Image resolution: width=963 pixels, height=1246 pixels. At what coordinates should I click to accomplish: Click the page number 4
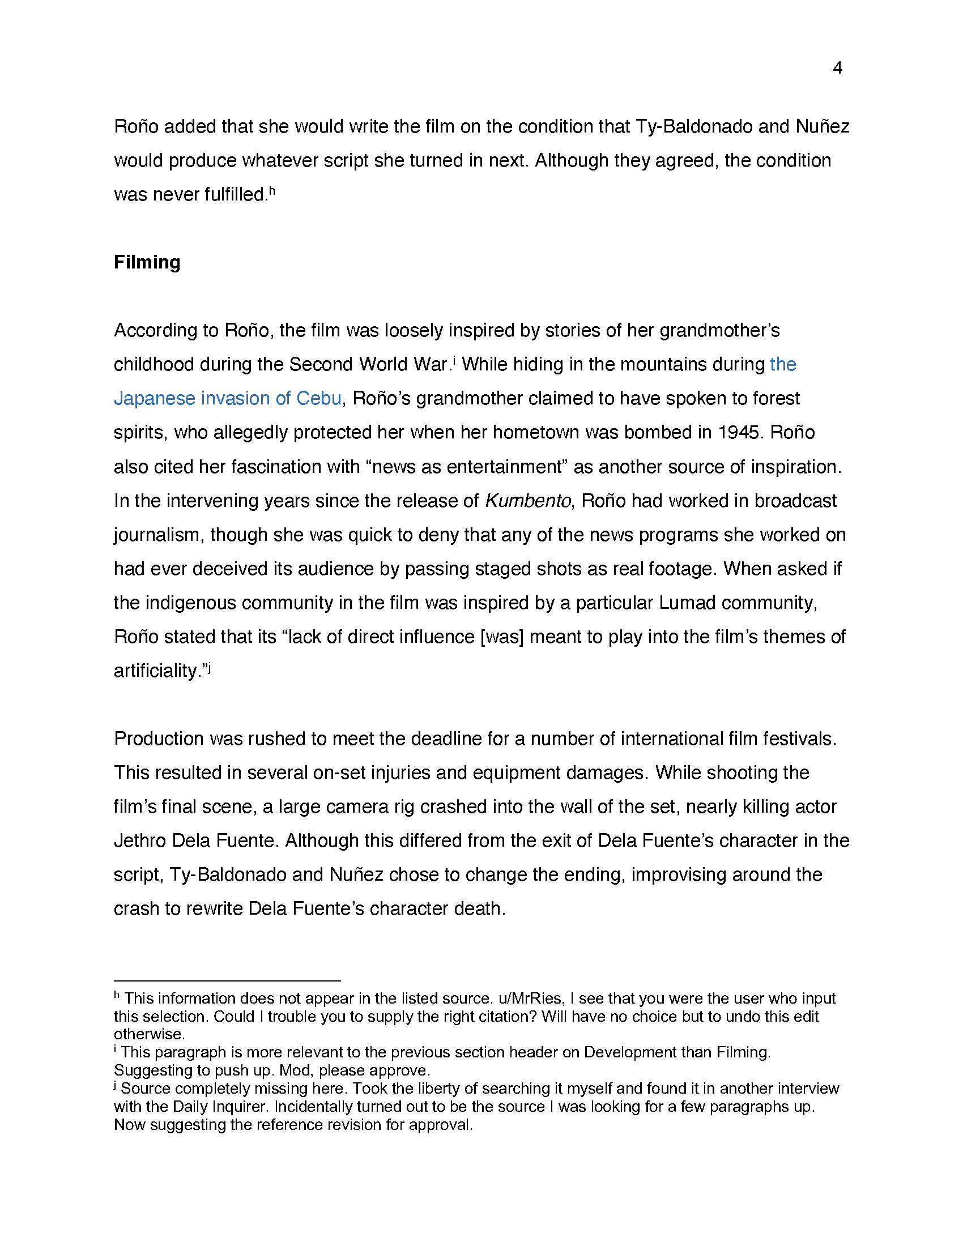(x=837, y=68)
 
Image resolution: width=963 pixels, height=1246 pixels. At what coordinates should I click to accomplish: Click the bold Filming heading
(x=147, y=262)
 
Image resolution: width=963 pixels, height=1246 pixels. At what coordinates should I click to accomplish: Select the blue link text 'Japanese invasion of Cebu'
(x=228, y=398)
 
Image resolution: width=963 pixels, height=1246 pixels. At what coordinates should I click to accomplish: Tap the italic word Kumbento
(x=528, y=501)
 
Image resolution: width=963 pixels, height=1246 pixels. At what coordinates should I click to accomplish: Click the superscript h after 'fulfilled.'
(x=272, y=190)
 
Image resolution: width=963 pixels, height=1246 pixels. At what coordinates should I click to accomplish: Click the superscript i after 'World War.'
(x=454, y=360)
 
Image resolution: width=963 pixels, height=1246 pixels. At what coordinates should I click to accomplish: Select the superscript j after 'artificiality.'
(x=210, y=667)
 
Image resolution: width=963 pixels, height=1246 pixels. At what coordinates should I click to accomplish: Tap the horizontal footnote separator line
(x=227, y=981)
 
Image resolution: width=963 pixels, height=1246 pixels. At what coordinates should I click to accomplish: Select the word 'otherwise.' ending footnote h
(x=149, y=1034)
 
